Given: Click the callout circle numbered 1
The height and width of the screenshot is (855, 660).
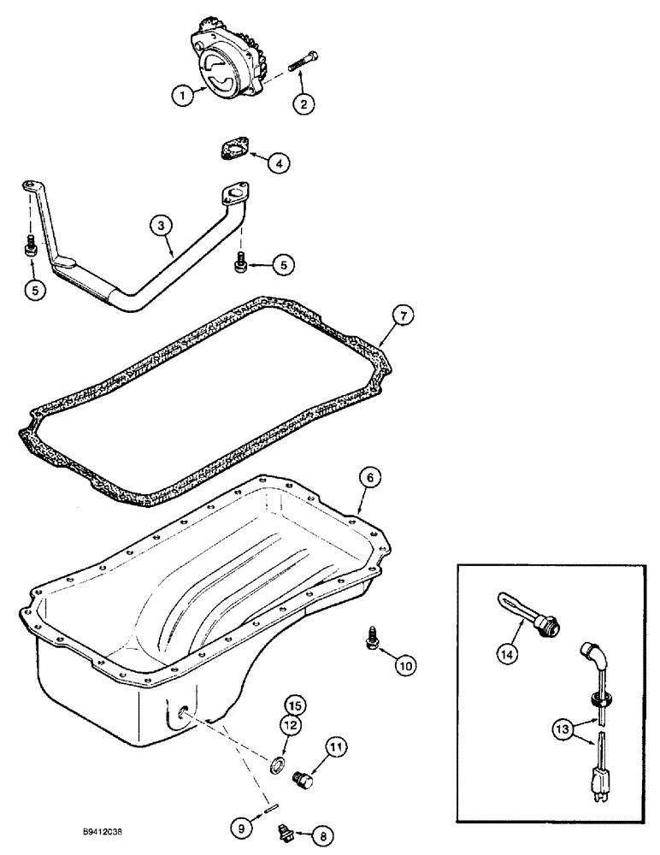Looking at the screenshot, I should [x=180, y=97].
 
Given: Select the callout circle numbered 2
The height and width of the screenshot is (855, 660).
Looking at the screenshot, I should [x=304, y=104].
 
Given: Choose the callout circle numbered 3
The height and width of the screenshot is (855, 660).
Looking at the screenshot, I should [x=160, y=225].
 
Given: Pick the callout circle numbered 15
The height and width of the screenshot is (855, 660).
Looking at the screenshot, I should [x=294, y=706].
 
